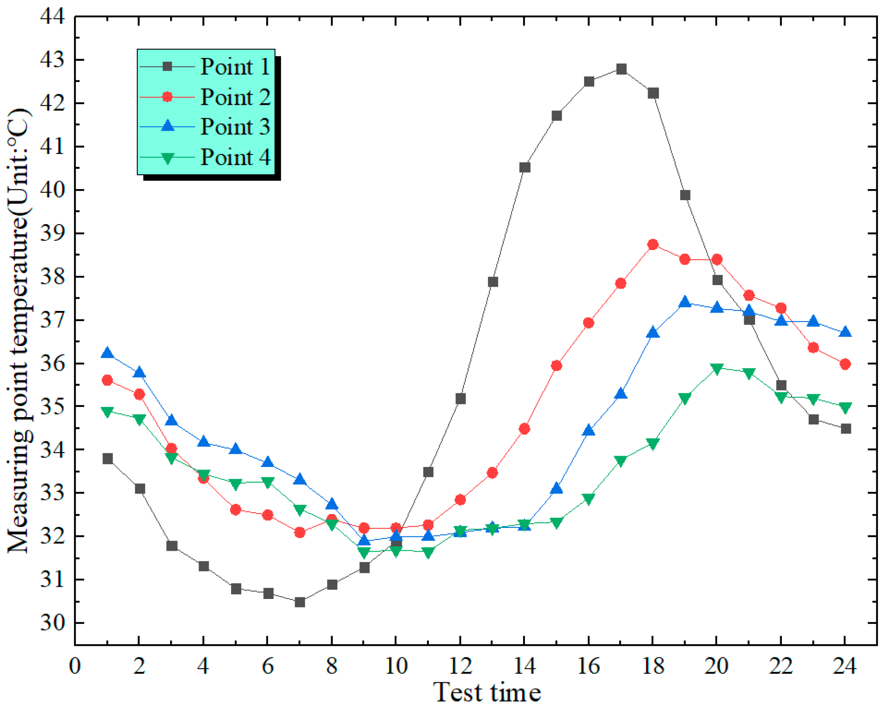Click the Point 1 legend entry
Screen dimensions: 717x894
coord(235,66)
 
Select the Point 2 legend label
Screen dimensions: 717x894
coord(235,97)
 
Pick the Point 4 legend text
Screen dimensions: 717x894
coord(235,157)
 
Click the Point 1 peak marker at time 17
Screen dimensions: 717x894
coord(621,69)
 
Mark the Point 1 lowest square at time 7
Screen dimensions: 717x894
coord(300,602)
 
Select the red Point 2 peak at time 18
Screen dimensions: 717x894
coord(653,244)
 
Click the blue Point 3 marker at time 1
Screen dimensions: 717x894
coord(107,353)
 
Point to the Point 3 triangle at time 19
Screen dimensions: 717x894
coord(685,302)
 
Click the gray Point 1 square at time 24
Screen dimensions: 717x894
coord(845,429)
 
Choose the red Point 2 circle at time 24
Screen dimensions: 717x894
coord(845,364)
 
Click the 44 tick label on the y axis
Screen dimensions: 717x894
coord(52,17)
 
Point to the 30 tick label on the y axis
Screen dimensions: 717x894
coord(52,623)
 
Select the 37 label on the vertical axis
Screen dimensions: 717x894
coord(52,320)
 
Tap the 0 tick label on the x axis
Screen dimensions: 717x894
coord(75,666)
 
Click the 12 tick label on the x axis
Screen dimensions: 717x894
coord(460,666)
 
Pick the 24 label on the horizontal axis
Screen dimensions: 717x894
coord(844,666)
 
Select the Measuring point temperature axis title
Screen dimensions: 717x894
coord(19,330)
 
